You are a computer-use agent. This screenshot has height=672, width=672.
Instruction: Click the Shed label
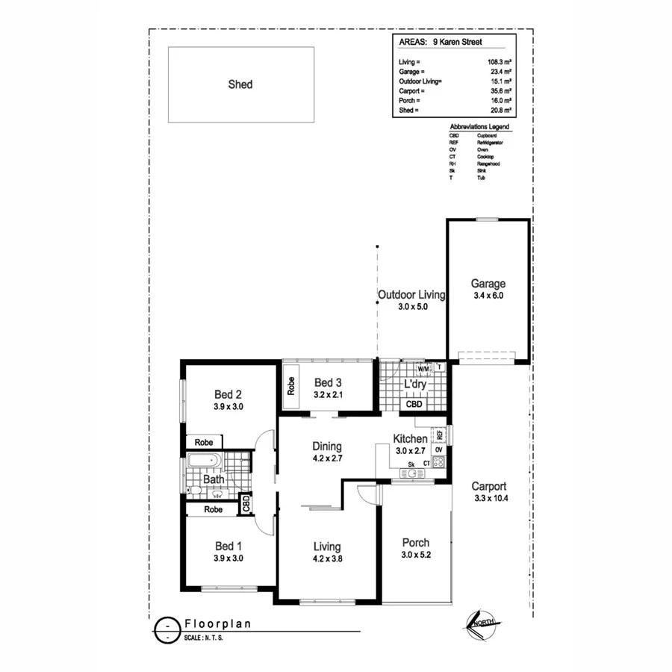click(240, 84)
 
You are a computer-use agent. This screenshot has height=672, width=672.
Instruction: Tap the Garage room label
click(488, 284)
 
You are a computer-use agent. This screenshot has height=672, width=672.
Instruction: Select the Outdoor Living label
click(411, 295)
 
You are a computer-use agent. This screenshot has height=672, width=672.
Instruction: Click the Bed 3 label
click(328, 382)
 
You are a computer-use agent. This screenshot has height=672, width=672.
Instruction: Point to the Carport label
click(490, 485)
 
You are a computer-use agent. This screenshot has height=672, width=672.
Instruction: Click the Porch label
click(415, 543)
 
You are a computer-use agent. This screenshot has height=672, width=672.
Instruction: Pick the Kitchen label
click(410, 439)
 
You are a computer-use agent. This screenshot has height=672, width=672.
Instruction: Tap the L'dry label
click(414, 385)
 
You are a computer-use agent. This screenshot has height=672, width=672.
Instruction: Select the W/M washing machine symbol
click(423, 369)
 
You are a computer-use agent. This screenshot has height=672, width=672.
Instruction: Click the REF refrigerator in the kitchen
click(440, 434)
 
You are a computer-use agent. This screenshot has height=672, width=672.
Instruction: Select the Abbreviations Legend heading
click(479, 128)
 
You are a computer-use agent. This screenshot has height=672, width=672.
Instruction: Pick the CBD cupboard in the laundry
click(414, 404)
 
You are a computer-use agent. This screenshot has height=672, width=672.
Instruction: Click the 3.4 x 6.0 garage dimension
click(488, 296)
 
